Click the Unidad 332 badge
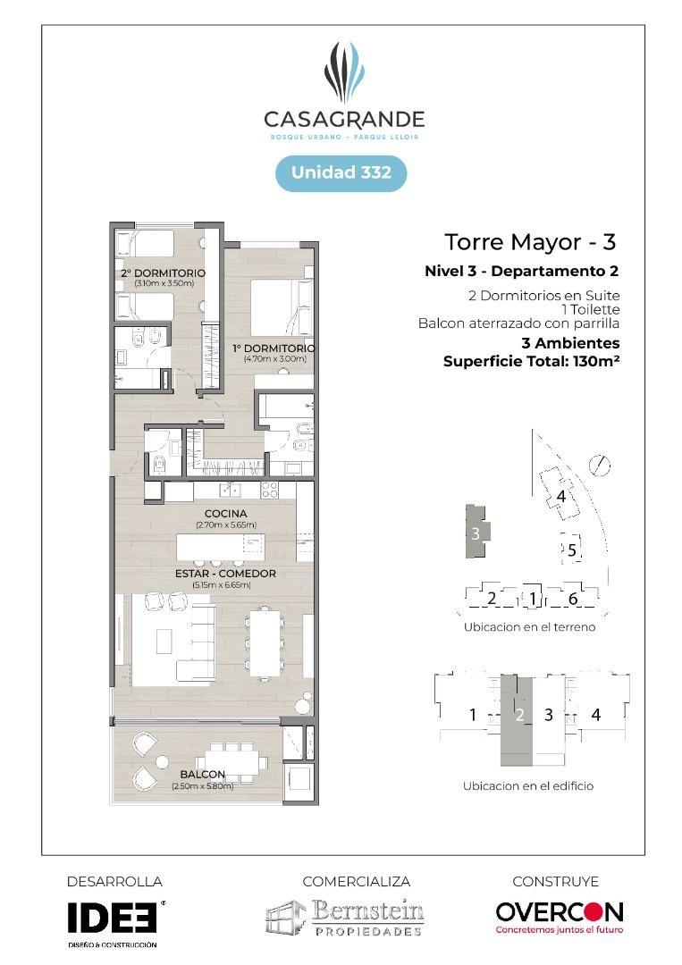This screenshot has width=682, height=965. pyautogui.click(x=341, y=172)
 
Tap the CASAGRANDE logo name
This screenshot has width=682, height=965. pyautogui.click(x=344, y=119)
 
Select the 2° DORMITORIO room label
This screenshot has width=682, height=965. pyautogui.click(x=164, y=273)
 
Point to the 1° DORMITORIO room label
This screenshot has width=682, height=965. pyautogui.click(x=274, y=348)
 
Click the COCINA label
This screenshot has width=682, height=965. pyautogui.click(x=225, y=514)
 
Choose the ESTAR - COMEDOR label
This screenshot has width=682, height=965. pyautogui.click(x=226, y=574)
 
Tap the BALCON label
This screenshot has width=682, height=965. pyautogui.click(x=202, y=775)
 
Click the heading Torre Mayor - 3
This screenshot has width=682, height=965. pyautogui.click(x=530, y=242)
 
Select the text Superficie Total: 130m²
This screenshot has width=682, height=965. pyautogui.click(x=532, y=361)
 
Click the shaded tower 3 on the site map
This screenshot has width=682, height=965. pyautogui.click(x=476, y=533)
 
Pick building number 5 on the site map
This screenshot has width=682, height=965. pyautogui.click(x=572, y=550)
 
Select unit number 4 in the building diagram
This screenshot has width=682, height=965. pyautogui.click(x=596, y=715)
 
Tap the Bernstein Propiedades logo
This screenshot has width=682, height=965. pyautogui.click(x=344, y=918)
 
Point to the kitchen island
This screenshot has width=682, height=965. pyautogui.click(x=220, y=545)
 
